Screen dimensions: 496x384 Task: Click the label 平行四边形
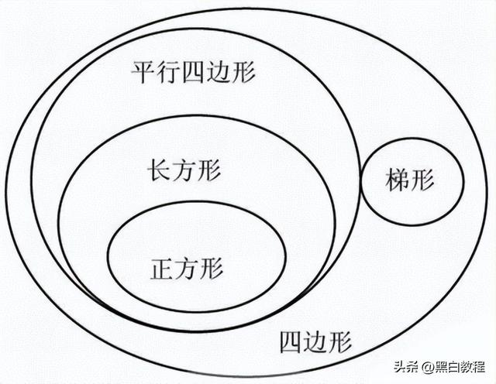194,74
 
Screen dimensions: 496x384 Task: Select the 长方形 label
184,170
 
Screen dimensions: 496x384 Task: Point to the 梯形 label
410,183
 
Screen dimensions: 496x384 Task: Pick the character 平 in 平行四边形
143,74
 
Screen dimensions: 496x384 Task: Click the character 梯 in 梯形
398,183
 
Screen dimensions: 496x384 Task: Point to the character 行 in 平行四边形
168,74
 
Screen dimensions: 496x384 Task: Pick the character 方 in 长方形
184,170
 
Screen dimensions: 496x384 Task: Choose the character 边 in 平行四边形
219,74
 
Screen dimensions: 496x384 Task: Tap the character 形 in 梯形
423,183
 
